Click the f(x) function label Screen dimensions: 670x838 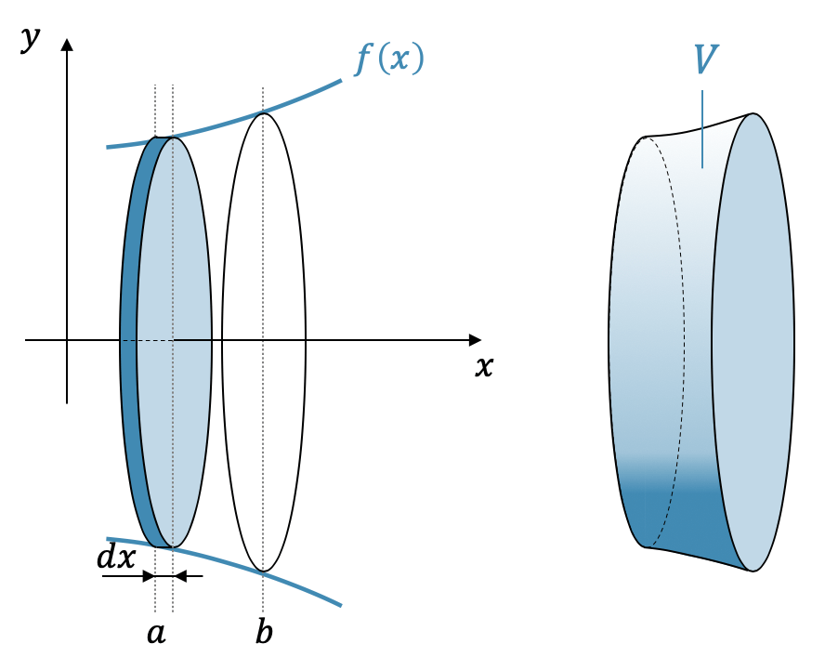(x=389, y=59)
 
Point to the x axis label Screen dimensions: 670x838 (x=483, y=367)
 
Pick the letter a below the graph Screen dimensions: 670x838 (x=156, y=634)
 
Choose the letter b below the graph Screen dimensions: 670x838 (x=265, y=633)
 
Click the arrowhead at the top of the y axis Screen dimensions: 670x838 (x=67, y=44)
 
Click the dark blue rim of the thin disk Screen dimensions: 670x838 (x=129, y=341)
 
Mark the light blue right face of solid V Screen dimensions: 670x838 (x=753, y=341)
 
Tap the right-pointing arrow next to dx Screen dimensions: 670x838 (x=147, y=576)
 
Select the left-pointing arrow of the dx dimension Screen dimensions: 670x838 (x=182, y=576)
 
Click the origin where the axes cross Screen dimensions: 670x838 (x=67, y=340)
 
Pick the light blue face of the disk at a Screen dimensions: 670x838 (x=177, y=279)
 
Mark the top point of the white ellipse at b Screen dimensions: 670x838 (x=264, y=113)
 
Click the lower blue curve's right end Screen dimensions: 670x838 (x=340, y=605)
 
